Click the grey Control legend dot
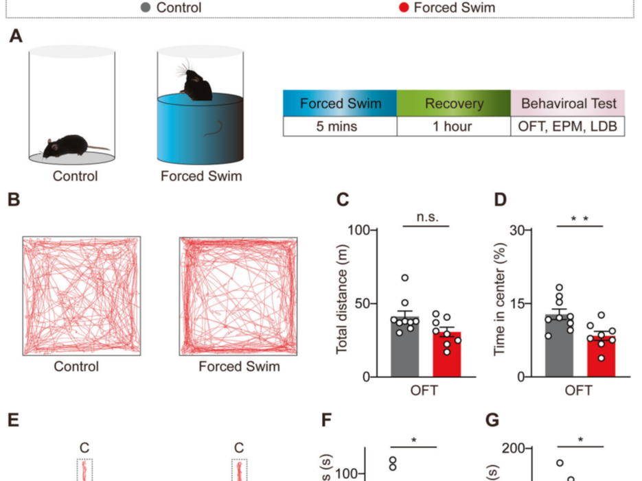tap(145, 8)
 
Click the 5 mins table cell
tap(340, 126)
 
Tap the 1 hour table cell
tap(454, 126)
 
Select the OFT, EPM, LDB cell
tap(568, 126)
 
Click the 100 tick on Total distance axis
tap(359, 230)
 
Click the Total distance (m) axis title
tap(343, 303)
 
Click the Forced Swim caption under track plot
tap(239, 366)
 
